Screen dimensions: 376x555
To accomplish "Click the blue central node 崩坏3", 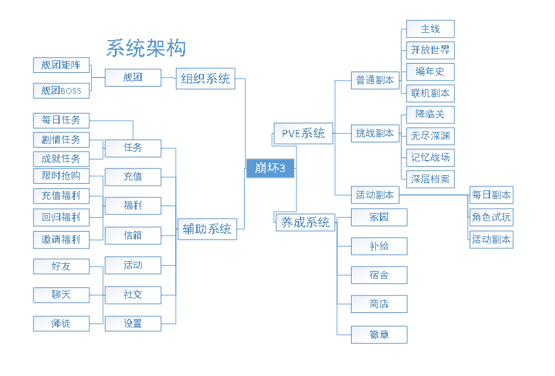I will pos(270,169).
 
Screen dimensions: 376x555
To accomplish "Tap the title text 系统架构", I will pos(146,48).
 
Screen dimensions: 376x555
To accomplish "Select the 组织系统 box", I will pos(205,79).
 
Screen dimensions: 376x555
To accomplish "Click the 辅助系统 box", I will pos(207,229).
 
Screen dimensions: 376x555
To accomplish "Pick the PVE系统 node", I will pos(303,133).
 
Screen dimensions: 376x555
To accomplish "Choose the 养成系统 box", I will pos(305,222).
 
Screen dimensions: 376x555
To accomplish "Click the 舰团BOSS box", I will pos(61,91).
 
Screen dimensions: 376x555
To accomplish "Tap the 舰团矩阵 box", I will pos(61,65).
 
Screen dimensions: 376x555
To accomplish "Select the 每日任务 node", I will pos(61,120).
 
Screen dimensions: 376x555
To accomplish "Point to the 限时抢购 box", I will pos(61,176).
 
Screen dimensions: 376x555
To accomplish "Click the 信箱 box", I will pos(133,235).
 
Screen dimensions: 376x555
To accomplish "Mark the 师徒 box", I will pos(61,323).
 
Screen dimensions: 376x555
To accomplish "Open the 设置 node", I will pos(133,323).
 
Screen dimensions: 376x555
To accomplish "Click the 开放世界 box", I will pos(430,50).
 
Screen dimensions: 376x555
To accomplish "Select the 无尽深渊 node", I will pos(430,136).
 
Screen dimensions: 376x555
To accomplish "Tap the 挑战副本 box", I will pos(375,133).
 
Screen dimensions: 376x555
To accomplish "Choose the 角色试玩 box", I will pos(491,217).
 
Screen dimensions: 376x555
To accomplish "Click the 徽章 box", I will pos(379,335).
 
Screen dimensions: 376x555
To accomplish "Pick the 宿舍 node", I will pos(379,274).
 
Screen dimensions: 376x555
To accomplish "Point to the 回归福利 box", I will pos(61,217).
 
